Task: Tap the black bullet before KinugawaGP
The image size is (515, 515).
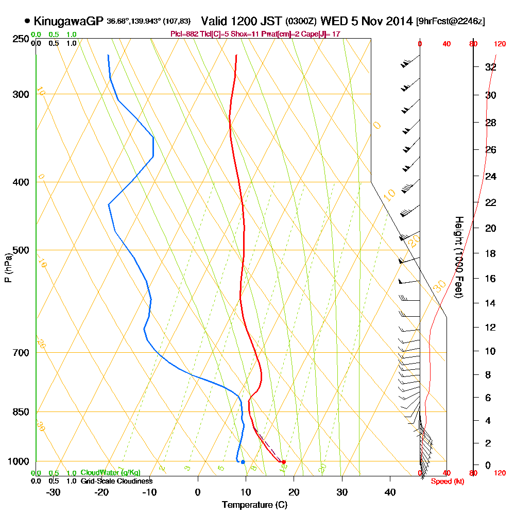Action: pos(27,22)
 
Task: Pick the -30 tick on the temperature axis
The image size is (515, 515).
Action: pos(54,492)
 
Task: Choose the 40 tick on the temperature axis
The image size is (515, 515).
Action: pos(390,492)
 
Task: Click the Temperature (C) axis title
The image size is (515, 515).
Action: pos(254,505)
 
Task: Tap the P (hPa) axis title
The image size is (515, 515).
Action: pos(8,267)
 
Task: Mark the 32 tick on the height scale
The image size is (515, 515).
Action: pos(490,66)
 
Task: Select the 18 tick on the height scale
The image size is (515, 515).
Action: pos(490,253)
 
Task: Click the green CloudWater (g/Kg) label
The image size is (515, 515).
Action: pos(110,472)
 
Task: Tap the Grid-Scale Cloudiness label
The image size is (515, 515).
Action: pos(116,481)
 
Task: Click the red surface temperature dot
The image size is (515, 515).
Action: pos(283,462)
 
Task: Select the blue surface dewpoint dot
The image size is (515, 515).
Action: pos(243,462)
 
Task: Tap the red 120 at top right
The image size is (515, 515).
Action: pos(499,44)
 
